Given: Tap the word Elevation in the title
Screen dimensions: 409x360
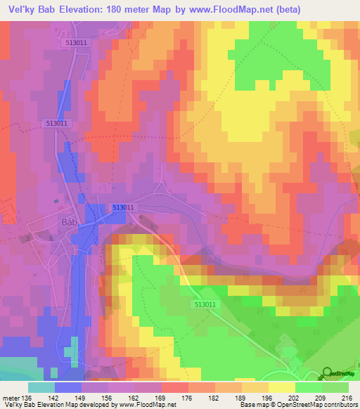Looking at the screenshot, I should (77, 10).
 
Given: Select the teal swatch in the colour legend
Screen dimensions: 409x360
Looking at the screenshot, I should (41, 387).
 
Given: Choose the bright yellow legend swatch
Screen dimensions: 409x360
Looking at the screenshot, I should (281, 387).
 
